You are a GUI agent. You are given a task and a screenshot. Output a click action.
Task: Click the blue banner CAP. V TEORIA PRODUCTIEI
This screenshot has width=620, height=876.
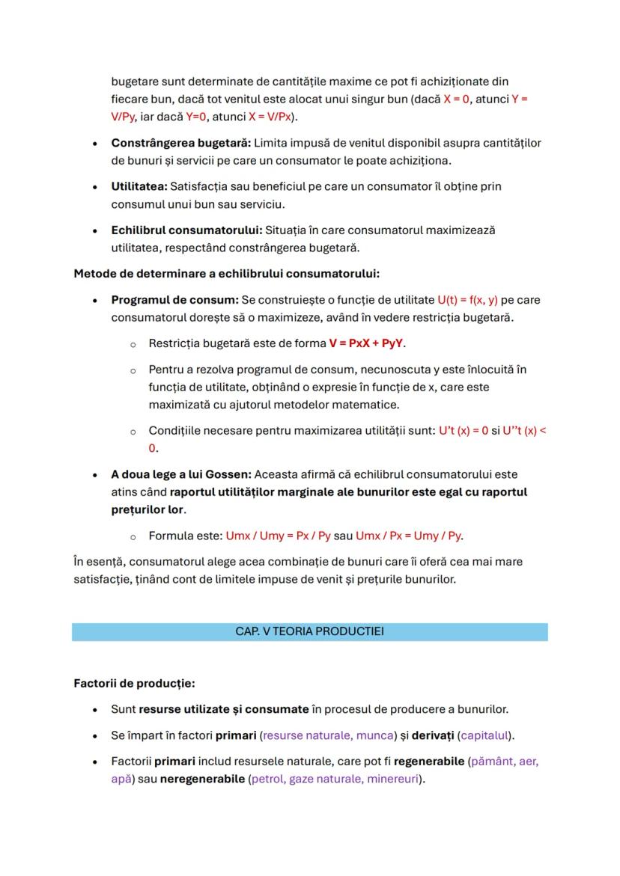[309, 631]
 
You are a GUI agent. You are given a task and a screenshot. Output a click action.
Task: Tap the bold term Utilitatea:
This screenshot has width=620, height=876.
[139, 186]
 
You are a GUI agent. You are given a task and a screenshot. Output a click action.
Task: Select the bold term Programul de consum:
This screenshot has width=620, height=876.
[174, 299]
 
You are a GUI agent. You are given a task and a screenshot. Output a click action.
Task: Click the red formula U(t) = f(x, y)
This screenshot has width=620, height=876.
[467, 299]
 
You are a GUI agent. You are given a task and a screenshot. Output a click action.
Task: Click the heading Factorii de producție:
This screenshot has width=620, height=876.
[134, 683]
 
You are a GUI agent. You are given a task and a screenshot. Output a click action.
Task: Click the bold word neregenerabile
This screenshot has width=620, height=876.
[201, 779]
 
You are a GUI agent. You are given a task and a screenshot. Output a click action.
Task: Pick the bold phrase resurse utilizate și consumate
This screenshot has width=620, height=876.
[224, 708]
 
